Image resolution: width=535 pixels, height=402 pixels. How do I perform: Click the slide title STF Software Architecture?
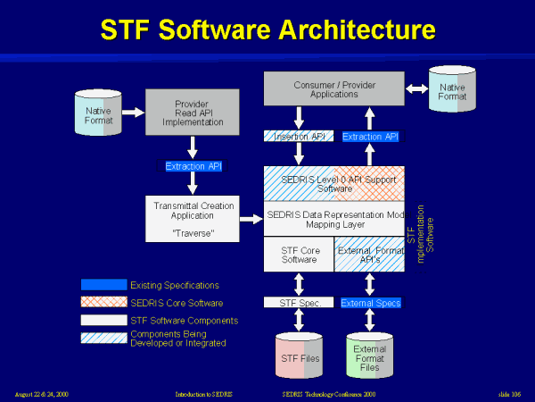267,29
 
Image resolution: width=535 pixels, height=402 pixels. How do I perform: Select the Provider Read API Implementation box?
192,112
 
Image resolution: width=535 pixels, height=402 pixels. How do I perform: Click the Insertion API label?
298,137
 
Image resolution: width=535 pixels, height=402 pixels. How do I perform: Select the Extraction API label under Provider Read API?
192,166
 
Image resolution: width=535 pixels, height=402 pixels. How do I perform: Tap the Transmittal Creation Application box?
192,220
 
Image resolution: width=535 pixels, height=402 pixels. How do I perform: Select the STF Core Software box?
299,254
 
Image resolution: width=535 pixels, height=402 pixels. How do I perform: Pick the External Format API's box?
369,254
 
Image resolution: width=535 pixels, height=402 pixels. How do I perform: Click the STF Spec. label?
298,303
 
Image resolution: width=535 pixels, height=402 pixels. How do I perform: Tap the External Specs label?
370,303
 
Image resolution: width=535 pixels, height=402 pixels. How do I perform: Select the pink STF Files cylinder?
298,354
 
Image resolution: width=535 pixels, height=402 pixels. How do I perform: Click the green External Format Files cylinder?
369,356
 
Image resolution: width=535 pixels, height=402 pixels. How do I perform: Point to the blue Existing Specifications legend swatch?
103,285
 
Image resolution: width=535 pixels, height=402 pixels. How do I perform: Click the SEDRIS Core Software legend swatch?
103,302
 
